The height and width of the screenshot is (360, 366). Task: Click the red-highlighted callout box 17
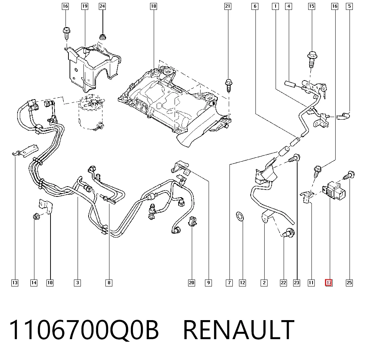[329, 283]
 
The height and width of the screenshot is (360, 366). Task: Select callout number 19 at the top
[85, 6]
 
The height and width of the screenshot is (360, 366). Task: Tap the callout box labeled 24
[102, 6]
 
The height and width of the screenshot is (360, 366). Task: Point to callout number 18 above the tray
[153, 6]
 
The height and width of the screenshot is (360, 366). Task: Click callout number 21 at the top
[228, 6]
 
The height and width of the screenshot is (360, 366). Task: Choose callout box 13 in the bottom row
[15, 283]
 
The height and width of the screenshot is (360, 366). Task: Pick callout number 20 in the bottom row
[191, 283]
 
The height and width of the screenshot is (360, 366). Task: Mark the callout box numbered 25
[349, 283]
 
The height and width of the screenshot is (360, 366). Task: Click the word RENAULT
[238, 330]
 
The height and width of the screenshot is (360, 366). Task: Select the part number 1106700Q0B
[84, 330]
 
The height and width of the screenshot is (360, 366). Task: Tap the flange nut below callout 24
[102, 37]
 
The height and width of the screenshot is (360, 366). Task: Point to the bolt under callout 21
[228, 85]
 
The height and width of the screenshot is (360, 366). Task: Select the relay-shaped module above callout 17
[334, 191]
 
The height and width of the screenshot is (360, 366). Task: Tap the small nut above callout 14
[36, 217]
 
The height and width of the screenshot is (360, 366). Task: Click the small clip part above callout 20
[193, 221]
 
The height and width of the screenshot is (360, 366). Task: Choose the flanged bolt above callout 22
[288, 233]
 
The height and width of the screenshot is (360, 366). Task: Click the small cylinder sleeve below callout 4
[290, 83]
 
